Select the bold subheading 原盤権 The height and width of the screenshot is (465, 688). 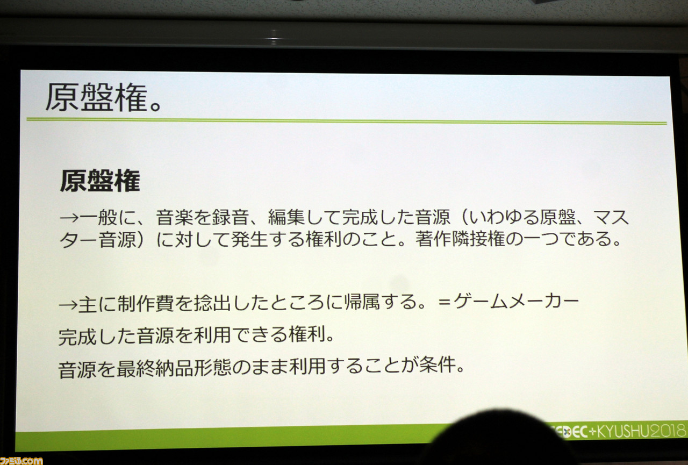pyautogui.click(x=100, y=181)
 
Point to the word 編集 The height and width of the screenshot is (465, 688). pyautogui.click(x=286, y=218)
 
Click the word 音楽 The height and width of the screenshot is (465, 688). pyautogui.click(x=175, y=218)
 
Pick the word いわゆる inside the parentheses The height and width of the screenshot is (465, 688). pyautogui.click(x=504, y=218)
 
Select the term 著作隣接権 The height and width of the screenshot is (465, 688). pyautogui.click(x=460, y=239)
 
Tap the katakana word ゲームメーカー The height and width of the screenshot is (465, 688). pyautogui.click(x=516, y=301)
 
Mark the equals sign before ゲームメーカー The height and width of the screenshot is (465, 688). pyautogui.click(x=445, y=302)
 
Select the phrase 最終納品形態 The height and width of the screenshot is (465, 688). pyautogui.click(x=174, y=368)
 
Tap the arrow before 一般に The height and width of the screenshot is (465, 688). pyautogui.click(x=69, y=218)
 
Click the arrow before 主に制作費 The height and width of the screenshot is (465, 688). pyautogui.click(x=68, y=305)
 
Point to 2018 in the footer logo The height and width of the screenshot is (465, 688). pyautogui.click(x=667, y=431)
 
